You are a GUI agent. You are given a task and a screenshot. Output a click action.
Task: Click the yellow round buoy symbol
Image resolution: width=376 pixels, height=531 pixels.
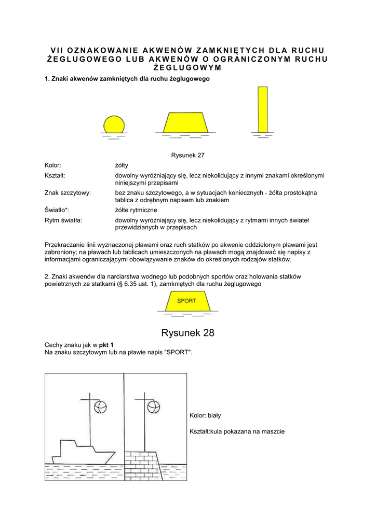pyautogui.click(x=114, y=125)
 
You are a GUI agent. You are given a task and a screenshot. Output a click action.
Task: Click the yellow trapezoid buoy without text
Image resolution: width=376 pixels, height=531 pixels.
pyautogui.click(x=186, y=122)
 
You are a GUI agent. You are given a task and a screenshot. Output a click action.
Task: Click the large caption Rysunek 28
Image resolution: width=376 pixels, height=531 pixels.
pyautogui.click(x=188, y=332)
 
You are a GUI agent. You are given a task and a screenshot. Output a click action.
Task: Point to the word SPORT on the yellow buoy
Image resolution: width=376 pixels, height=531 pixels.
pyautogui.click(x=187, y=300)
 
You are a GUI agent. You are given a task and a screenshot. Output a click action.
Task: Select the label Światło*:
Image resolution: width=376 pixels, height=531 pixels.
pyautogui.click(x=57, y=209)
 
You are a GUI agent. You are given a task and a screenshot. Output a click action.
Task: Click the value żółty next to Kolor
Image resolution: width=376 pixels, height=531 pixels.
pyautogui.click(x=122, y=165)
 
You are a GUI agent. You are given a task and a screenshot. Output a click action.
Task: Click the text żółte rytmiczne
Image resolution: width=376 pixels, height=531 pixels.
pyautogui.click(x=136, y=209)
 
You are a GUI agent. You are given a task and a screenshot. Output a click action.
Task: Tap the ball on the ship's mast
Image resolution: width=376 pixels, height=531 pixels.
pyautogui.click(x=102, y=406)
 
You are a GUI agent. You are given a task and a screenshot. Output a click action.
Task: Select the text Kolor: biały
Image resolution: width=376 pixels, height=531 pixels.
pyautogui.click(x=206, y=415)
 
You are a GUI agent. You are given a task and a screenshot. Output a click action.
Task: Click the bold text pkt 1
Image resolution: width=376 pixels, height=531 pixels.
pyautogui.click(x=106, y=344)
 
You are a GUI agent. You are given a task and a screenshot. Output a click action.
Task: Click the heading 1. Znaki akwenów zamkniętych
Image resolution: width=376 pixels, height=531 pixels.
pyautogui.click(x=127, y=79)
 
